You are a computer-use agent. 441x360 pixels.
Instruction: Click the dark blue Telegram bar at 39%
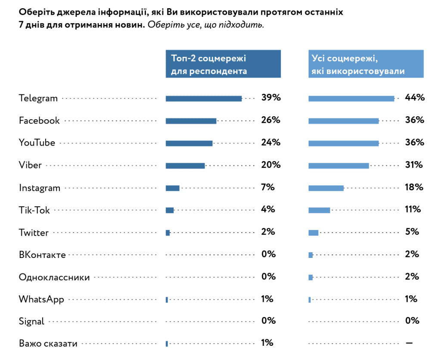tap(203, 99)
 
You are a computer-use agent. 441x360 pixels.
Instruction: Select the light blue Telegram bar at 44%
tap(351, 99)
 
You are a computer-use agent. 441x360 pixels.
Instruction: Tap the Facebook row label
tap(39, 121)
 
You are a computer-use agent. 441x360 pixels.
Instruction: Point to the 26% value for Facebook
tap(270, 120)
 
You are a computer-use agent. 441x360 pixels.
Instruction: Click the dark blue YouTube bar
tap(189, 143)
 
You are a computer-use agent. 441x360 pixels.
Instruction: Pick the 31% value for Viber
tap(414, 165)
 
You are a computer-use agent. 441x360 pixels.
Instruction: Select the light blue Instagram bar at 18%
tap(326, 188)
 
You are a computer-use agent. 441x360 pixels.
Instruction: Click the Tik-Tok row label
tap(34, 210)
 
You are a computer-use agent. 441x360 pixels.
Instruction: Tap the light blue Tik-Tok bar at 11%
tap(319, 210)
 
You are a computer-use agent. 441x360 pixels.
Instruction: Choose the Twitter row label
tap(34, 233)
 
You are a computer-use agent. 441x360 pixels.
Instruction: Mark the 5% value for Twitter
tap(412, 232)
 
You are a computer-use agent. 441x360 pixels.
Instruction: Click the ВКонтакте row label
tap(42, 255)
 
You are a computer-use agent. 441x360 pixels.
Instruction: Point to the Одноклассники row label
tap(54, 277)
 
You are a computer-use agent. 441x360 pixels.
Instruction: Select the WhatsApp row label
tap(41, 299)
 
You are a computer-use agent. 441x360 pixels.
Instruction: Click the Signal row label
tap(31, 321)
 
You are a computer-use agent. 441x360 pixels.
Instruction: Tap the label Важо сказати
tap(48, 344)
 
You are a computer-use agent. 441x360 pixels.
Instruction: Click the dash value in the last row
tap(409, 343)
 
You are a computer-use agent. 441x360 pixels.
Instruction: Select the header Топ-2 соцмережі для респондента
tap(223, 64)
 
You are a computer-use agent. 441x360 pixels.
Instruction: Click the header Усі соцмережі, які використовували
tap(366, 64)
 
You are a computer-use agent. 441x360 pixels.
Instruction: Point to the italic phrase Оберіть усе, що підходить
tap(205, 25)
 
